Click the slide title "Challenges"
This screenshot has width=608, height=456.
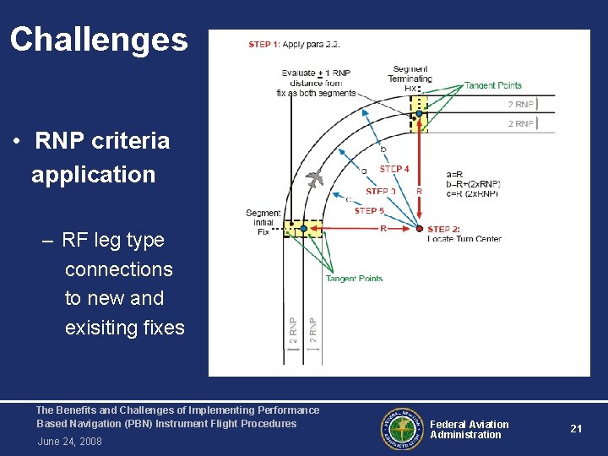click(x=99, y=40)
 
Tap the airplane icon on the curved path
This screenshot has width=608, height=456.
click(x=315, y=178)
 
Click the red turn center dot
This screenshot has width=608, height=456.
click(x=420, y=228)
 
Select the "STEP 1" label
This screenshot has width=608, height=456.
click(x=265, y=44)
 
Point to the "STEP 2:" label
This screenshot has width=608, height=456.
click(x=444, y=230)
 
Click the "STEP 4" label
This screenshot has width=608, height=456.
click(x=394, y=170)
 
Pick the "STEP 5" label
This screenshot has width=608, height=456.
click(x=369, y=210)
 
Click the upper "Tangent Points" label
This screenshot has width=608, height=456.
click(x=493, y=85)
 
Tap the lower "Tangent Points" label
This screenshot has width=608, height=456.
click(x=354, y=279)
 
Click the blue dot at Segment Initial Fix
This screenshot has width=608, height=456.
click(x=291, y=226)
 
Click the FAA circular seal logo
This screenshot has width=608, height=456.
click(x=400, y=430)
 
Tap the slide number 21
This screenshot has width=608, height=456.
click(x=576, y=429)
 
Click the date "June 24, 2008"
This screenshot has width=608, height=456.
click(x=69, y=442)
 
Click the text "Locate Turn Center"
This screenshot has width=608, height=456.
click(x=464, y=239)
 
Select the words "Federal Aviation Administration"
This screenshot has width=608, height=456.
click(x=469, y=430)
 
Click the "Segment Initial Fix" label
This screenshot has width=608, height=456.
click(x=263, y=222)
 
